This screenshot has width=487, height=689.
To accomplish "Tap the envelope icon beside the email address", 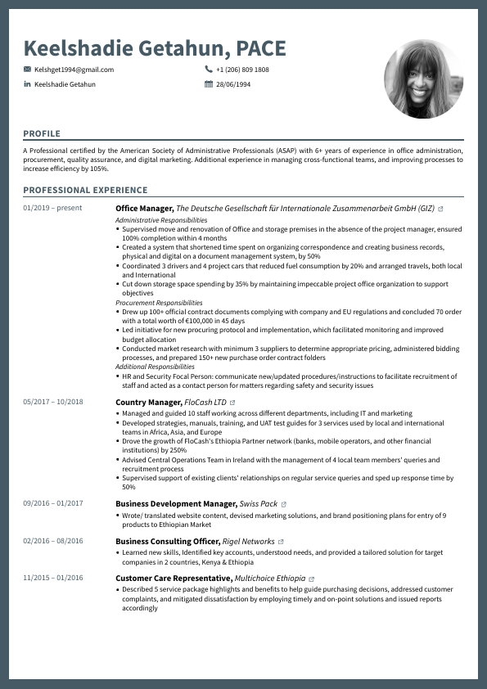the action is pyautogui.click(x=27, y=70).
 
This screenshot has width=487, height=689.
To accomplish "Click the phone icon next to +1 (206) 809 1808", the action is pyautogui.click(x=209, y=70).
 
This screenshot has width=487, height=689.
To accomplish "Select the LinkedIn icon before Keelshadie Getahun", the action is pyautogui.click(x=27, y=84).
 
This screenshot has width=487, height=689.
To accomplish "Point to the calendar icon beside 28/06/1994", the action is pyautogui.click(x=209, y=84).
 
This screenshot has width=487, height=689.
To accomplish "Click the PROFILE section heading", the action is pyautogui.click(x=42, y=133).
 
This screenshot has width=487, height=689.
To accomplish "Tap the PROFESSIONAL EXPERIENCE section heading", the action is pyautogui.click(x=74, y=191).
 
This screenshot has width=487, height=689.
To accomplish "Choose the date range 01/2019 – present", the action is pyautogui.click(x=52, y=208).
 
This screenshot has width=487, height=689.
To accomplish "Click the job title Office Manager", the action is pyautogui.click(x=144, y=209).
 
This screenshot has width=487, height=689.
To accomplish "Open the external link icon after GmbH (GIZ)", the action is pyautogui.click(x=441, y=209).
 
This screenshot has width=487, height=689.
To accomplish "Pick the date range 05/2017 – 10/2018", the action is pyautogui.click(x=53, y=402).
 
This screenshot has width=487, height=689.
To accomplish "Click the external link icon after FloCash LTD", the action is pyautogui.click(x=232, y=403).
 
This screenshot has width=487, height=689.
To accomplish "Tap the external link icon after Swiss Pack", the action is pyautogui.click(x=284, y=504).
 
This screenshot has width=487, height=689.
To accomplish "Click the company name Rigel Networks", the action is pyautogui.click(x=249, y=541).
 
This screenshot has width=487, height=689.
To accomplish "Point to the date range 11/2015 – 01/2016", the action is pyautogui.click(x=53, y=578).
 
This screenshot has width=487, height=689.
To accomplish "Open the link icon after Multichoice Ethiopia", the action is pyautogui.click(x=311, y=579).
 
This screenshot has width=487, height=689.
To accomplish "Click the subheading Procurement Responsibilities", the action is pyautogui.click(x=159, y=303).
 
